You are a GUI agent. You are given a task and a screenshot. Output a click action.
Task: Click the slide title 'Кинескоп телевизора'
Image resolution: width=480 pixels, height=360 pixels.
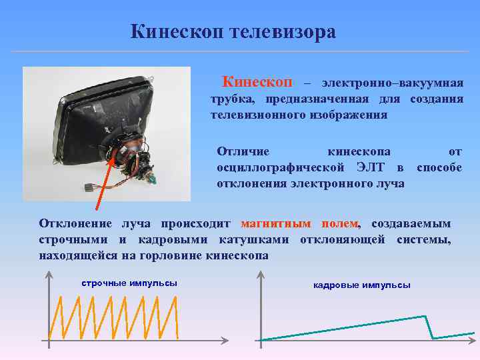233,32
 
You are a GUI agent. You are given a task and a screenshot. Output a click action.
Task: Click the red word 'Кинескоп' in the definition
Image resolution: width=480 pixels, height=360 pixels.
257,82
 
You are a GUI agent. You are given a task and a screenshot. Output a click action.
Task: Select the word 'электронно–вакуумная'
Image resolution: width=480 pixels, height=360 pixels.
392,83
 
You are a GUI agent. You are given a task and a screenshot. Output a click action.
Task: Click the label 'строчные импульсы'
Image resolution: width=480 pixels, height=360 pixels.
129,283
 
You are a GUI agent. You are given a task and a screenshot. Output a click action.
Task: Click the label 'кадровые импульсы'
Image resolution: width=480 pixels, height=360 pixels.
362,285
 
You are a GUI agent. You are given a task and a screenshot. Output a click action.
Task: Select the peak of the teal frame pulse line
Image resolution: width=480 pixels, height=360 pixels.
424,316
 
